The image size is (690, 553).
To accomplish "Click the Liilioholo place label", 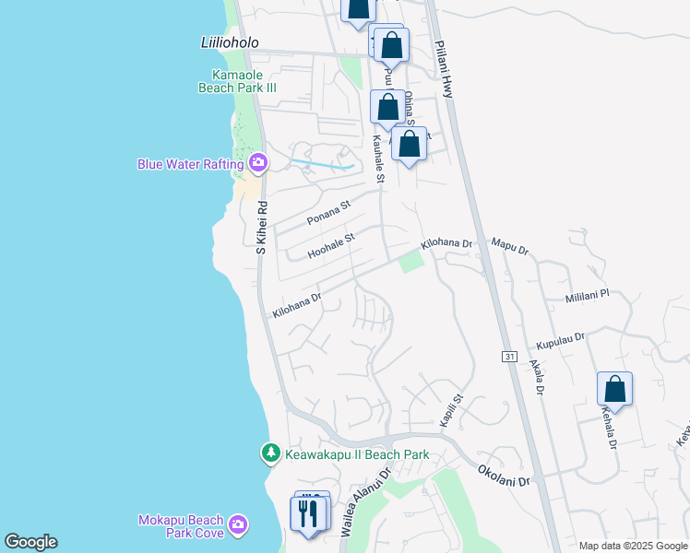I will (x=230, y=43).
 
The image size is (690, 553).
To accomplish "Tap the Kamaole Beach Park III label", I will (x=238, y=81).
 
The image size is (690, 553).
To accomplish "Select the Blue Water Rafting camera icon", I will (x=257, y=164).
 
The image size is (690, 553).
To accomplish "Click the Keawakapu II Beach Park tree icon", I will (x=270, y=453).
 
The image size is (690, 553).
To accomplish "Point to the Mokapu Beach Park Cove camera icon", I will (x=239, y=524).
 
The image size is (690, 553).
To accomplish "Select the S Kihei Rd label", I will (x=261, y=228).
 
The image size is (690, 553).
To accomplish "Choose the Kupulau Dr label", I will (x=560, y=340).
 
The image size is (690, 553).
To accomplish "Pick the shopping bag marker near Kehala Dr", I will (x=614, y=389).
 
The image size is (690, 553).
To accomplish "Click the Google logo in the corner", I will (x=30, y=542).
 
